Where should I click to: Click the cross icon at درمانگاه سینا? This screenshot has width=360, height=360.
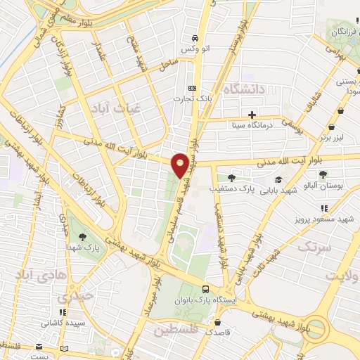(252, 115)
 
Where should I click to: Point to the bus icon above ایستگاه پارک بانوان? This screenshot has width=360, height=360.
(205, 289)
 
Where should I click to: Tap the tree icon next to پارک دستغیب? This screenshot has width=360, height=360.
(231, 178)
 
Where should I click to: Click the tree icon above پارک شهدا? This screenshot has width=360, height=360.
(83, 236)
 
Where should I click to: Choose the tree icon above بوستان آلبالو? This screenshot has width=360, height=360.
(323, 174)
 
